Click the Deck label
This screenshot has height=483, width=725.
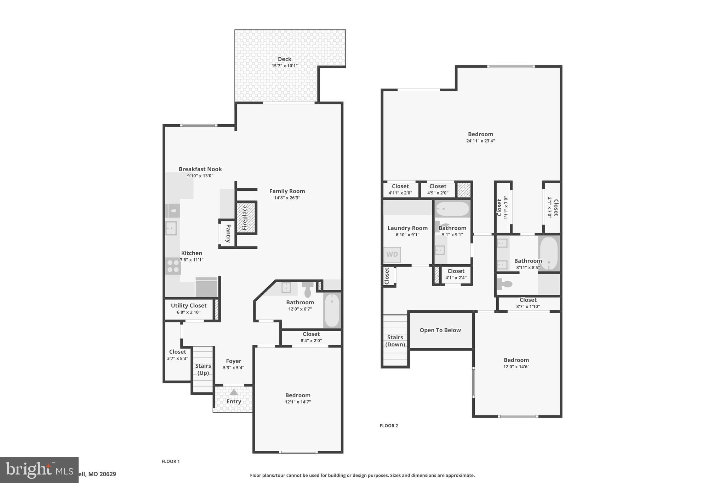point(284,59)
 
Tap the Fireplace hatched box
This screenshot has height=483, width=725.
point(246,218)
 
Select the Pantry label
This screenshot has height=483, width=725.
point(228,233)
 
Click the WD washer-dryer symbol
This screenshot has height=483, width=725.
point(392,254)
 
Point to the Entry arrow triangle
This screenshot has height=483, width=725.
point(234,392)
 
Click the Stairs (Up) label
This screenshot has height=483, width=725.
point(203,369)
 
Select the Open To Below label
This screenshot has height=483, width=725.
point(440,330)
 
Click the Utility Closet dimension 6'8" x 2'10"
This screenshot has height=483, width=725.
point(188,312)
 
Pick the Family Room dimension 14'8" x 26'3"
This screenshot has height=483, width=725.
point(287,198)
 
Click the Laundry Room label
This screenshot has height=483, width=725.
point(407,228)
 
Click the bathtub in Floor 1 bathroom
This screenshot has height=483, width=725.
point(332,310)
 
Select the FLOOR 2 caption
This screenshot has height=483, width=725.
point(389,426)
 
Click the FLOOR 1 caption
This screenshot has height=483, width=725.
point(171,461)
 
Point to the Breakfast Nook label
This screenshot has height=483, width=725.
point(200,169)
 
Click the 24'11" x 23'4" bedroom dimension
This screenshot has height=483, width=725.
point(480,141)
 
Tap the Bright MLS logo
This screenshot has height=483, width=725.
point(39,470)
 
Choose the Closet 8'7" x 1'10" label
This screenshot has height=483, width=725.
point(528,300)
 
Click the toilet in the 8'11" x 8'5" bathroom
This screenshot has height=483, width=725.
point(505,284)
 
